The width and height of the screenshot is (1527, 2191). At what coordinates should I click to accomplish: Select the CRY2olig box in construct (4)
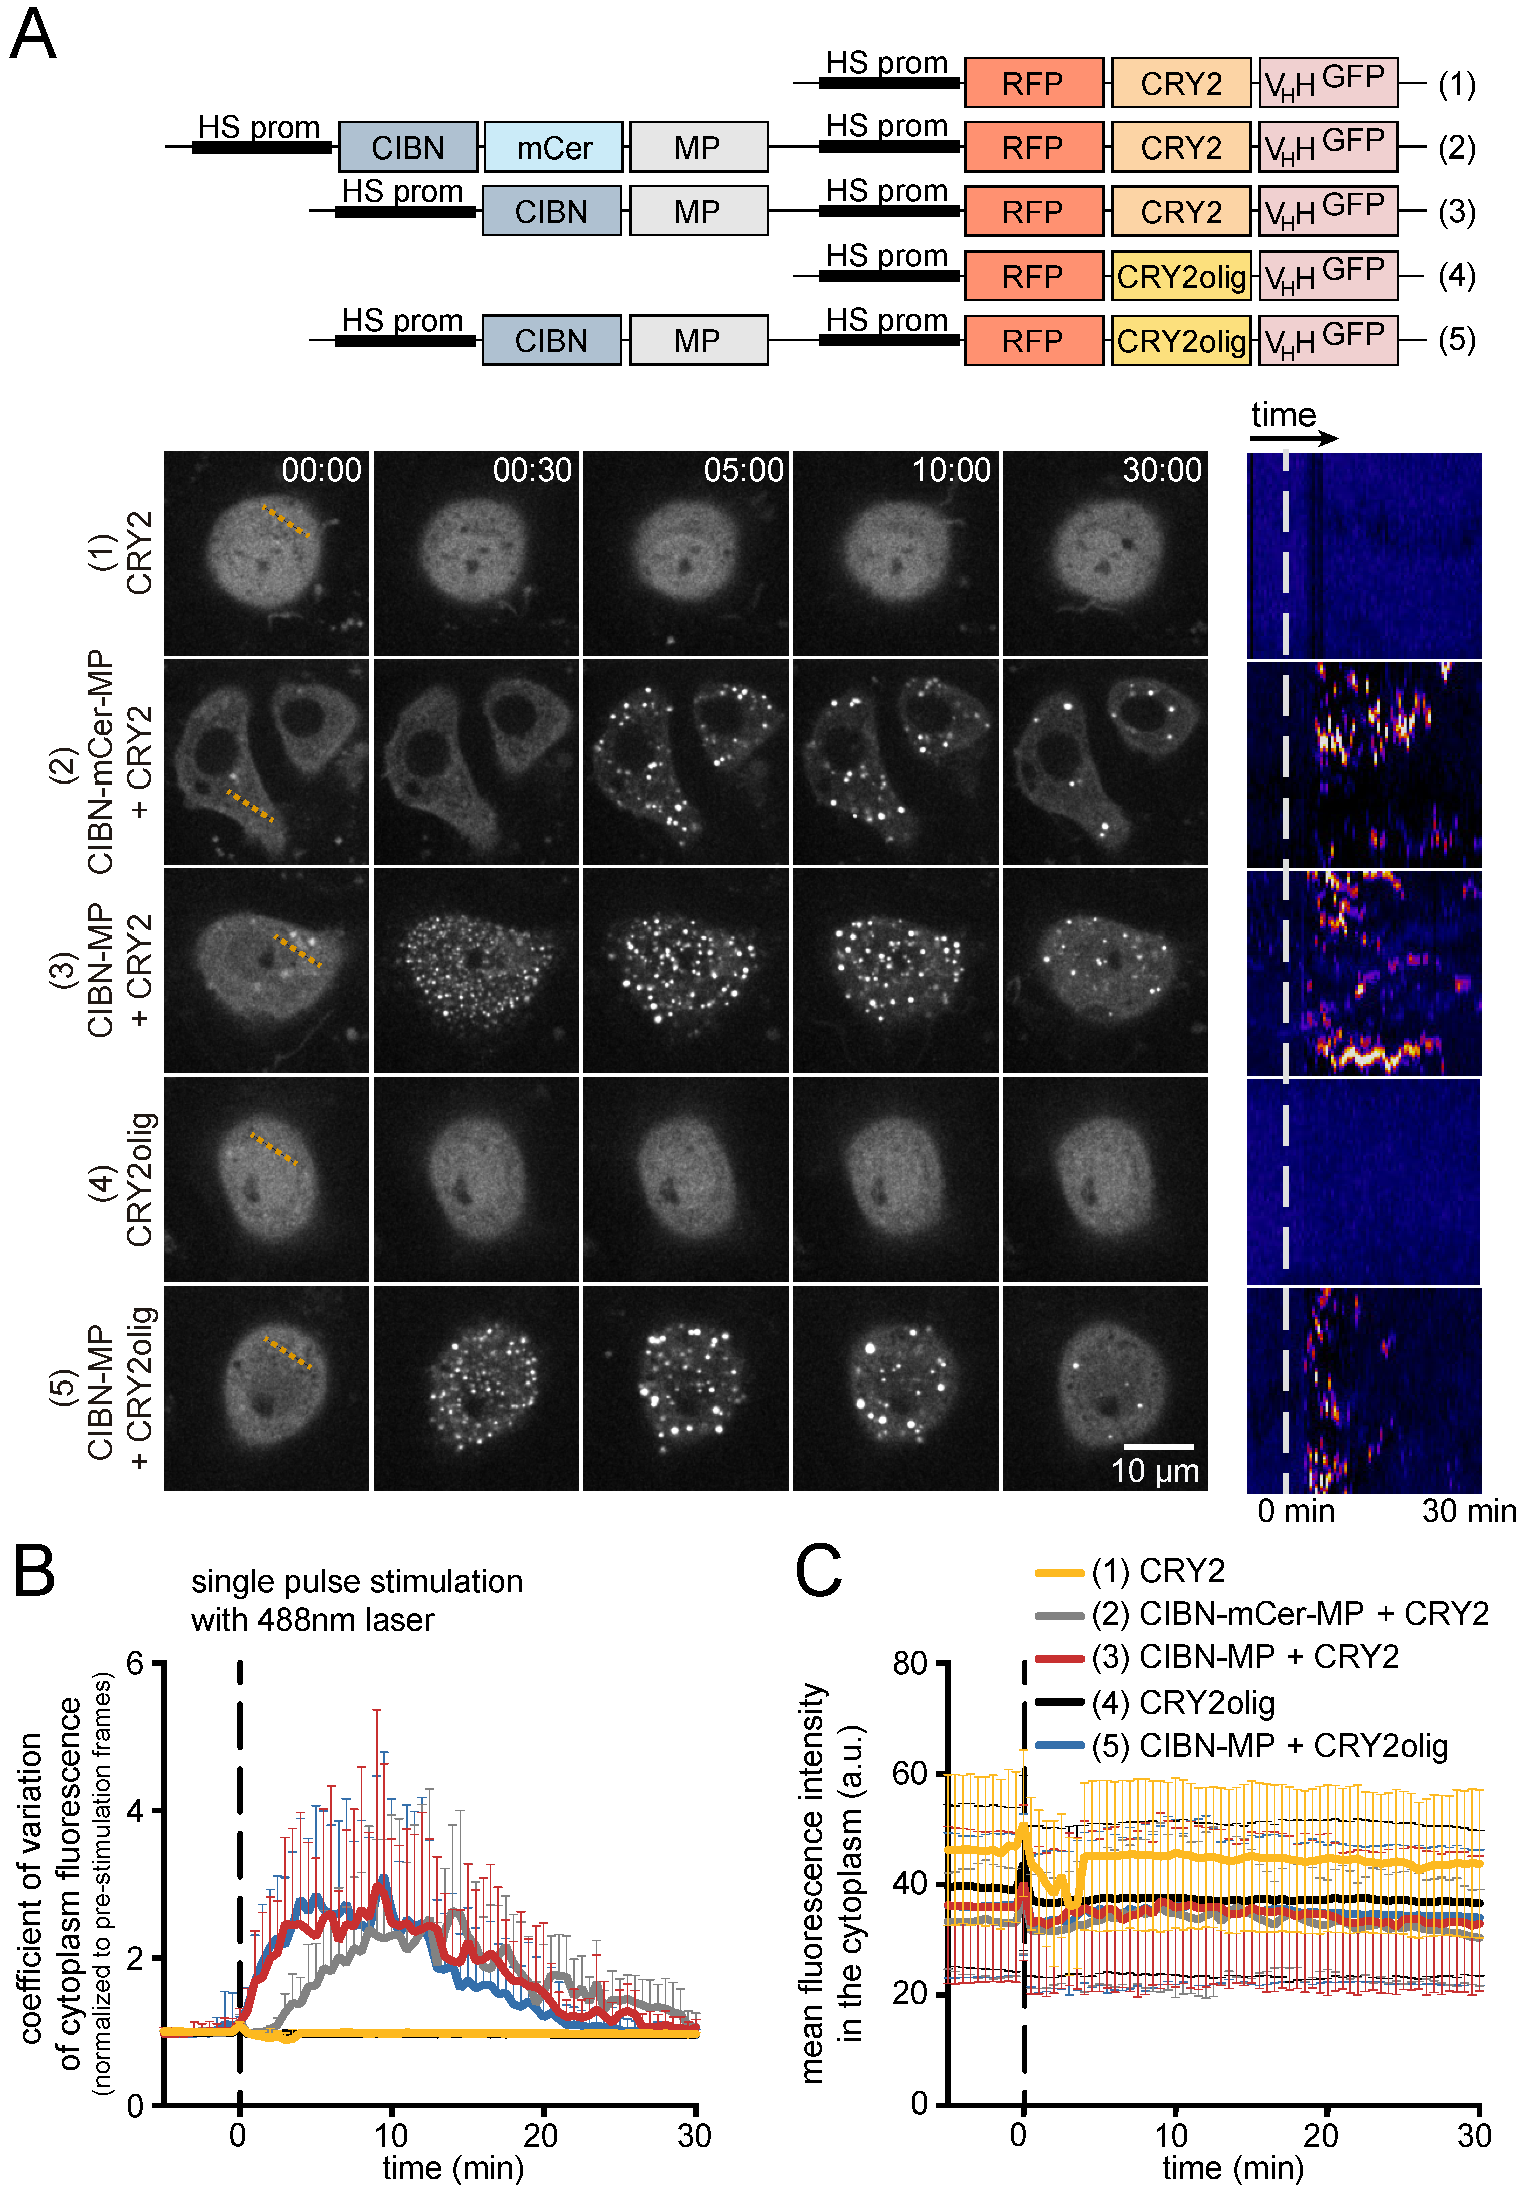(x=1180, y=277)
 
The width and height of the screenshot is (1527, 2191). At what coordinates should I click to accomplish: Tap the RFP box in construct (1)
(x=1033, y=83)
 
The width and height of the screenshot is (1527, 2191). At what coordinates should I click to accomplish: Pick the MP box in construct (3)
(x=698, y=211)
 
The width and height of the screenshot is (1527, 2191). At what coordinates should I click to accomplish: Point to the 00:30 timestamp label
(x=532, y=471)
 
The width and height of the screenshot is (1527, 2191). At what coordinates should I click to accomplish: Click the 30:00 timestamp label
(x=1161, y=471)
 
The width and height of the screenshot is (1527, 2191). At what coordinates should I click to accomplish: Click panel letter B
(x=34, y=1572)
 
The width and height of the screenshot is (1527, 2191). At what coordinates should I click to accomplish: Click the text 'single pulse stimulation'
(x=356, y=1581)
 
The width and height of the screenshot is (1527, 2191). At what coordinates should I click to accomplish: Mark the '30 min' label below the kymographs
(x=1468, y=1511)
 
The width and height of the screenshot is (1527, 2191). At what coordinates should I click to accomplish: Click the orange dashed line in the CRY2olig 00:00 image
(x=274, y=1149)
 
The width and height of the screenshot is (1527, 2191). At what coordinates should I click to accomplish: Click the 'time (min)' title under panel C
(x=1232, y=2168)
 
